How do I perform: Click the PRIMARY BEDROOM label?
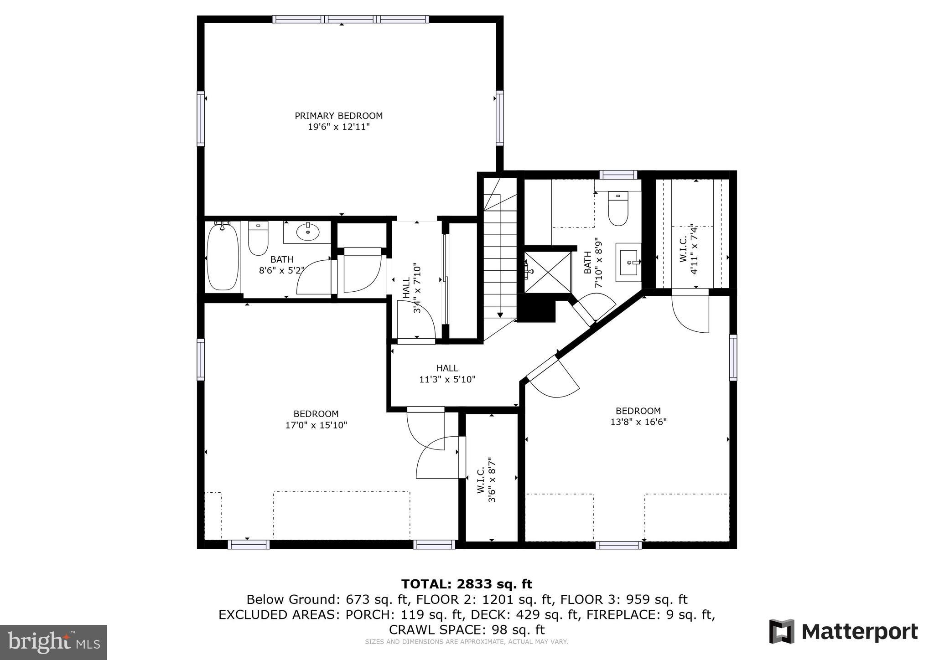(x=338, y=116)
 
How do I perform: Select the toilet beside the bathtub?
(x=258, y=238)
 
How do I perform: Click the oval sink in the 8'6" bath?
(x=307, y=232)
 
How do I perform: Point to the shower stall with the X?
(x=547, y=272)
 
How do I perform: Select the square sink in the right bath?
(x=628, y=263)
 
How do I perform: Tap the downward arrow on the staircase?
(x=500, y=314)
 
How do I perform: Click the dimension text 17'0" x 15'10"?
(x=316, y=425)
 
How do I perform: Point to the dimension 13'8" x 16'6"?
(x=638, y=422)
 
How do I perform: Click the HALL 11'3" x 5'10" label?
(x=447, y=373)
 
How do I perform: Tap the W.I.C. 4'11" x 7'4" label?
(x=688, y=249)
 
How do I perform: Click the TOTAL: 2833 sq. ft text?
(x=467, y=584)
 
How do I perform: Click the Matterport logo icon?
(x=782, y=631)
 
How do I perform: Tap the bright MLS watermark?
(x=53, y=642)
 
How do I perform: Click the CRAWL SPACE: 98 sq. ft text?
(x=467, y=629)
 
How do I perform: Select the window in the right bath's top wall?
(x=618, y=175)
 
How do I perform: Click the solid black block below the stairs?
(x=536, y=308)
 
